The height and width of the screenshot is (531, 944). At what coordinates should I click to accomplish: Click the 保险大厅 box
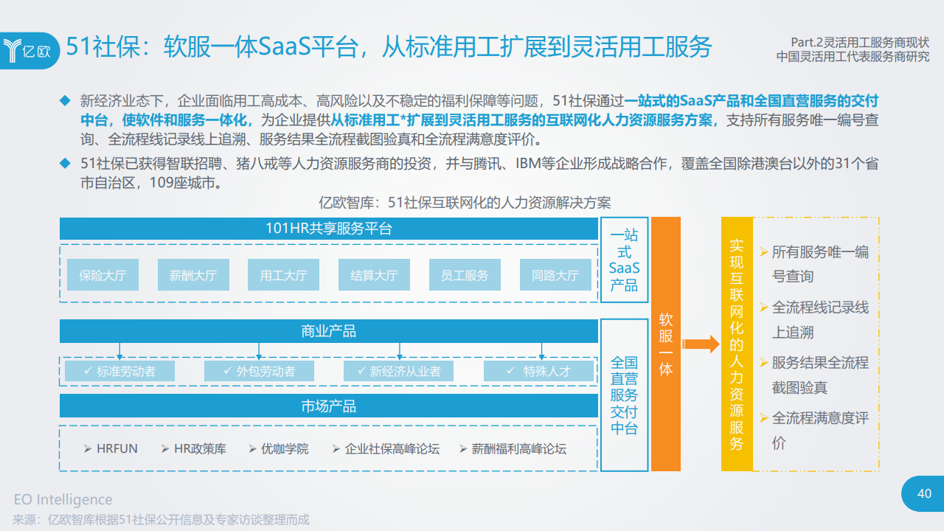[103, 275]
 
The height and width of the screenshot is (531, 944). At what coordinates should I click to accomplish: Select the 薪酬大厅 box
[193, 275]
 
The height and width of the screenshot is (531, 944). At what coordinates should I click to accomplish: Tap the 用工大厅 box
[284, 275]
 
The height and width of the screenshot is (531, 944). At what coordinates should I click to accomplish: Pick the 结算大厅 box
[374, 275]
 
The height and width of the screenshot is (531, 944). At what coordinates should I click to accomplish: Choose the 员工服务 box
[465, 275]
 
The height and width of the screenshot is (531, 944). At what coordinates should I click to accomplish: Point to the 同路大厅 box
[555, 275]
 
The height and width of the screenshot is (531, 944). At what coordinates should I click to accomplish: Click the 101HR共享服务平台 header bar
[329, 229]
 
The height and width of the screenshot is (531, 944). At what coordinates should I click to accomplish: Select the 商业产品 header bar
[329, 331]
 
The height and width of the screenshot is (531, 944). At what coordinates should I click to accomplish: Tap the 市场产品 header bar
[329, 406]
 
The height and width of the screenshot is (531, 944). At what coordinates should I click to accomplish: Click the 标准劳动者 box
[119, 371]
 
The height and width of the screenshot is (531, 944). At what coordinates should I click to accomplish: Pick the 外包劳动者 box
[259, 371]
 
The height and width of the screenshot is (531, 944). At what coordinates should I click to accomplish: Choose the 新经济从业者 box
[398, 371]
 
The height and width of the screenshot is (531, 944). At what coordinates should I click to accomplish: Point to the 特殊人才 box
[538, 371]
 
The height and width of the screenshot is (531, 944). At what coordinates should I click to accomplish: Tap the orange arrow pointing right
[700, 344]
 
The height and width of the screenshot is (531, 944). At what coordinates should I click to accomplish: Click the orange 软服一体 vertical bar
[666, 344]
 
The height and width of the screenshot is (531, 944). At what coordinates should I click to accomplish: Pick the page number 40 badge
[923, 494]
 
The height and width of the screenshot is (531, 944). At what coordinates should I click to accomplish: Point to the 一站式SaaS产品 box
[624, 260]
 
